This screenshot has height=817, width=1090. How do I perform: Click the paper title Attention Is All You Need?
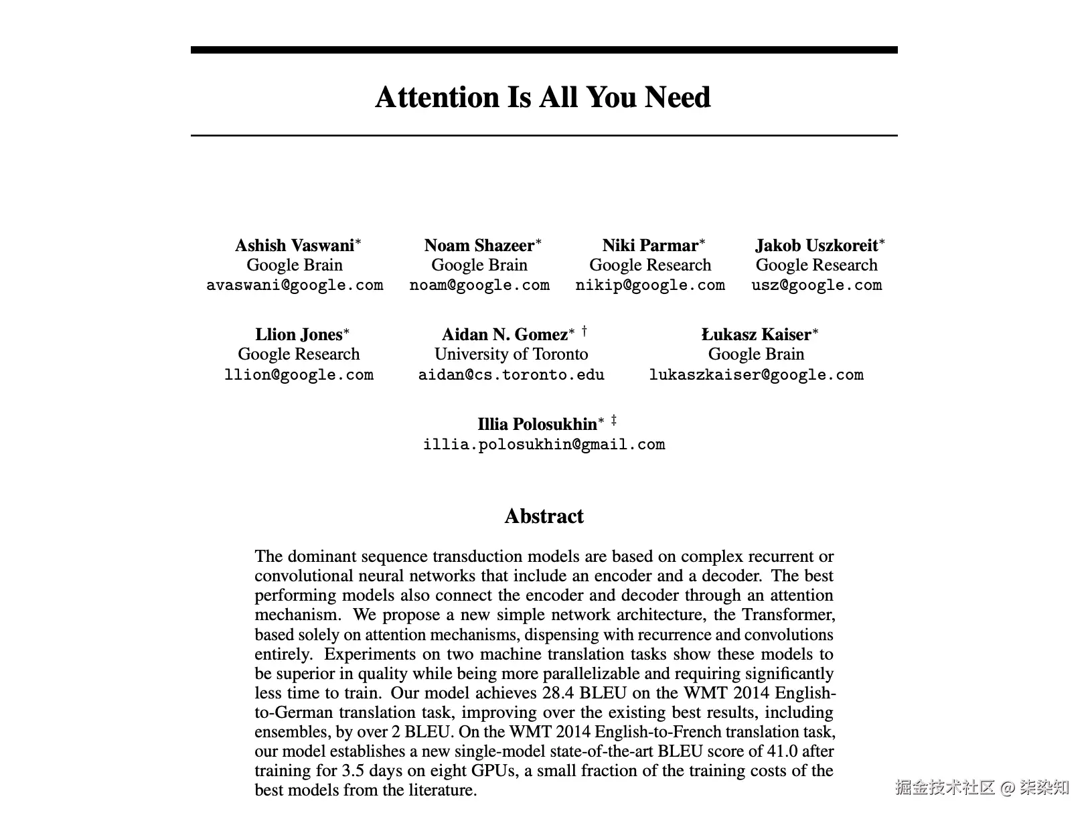click(x=543, y=97)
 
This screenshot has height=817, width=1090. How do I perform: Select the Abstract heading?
click(x=544, y=516)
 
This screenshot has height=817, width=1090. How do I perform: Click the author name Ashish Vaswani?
click(x=295, y=246)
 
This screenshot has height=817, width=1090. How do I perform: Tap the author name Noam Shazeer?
click(x=479, y=246)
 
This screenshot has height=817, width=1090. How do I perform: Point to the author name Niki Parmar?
click(x=650, y=246)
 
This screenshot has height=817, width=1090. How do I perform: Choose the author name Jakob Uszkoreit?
click(x=816, y=246)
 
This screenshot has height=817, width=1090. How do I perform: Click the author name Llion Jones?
click(x=299, y=335)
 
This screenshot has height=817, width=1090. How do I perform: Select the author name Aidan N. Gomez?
click(x=505, y=335)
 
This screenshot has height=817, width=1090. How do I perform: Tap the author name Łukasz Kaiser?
click(x=756, y=335)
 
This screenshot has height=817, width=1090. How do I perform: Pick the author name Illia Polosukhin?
click(x=537, y=425)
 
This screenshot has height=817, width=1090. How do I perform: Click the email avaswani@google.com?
click(x=295, y=285)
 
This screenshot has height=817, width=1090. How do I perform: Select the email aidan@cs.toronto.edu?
click(x=512, y=375)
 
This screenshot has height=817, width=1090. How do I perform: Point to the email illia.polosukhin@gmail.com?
click(x=544, y=445)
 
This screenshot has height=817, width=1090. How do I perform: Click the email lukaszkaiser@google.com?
click(x=756, y=375)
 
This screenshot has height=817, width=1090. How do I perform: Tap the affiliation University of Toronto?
click(x=512, y=354)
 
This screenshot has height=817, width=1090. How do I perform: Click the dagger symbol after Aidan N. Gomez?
click(x=585, y=331)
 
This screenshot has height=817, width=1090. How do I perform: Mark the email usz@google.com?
click(x=816, y=285)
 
